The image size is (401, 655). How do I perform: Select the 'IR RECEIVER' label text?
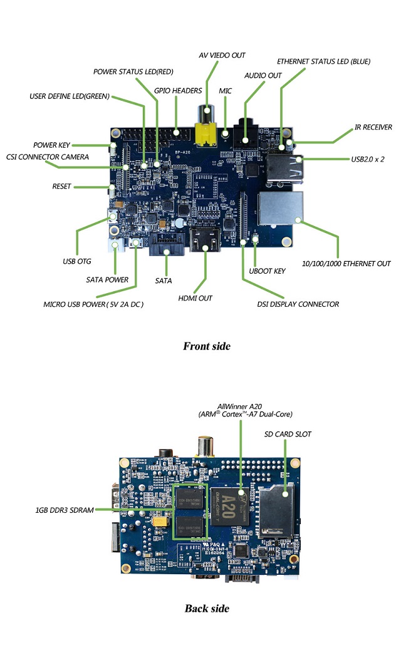tap(373, 127)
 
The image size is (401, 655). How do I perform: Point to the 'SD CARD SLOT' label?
tap(288, 434)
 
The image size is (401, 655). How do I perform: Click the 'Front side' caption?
tap(206, 346)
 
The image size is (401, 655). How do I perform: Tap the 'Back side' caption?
tap(207, 608)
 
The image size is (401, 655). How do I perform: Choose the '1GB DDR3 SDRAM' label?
tap(65, 510)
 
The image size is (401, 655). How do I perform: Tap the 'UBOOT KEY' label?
tap(267, 271)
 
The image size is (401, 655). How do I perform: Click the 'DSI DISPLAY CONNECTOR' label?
tap(298, 304)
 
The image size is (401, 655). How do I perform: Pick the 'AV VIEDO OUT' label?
tap(222, 55)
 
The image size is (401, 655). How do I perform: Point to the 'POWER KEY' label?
tap(52, 145)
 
